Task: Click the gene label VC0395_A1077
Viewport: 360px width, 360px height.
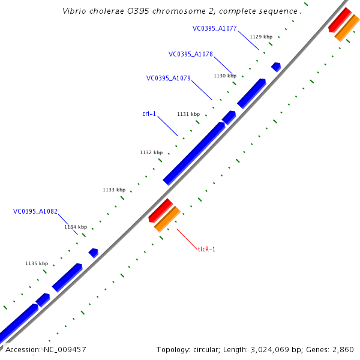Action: pyautogui.click(x=214, y=28)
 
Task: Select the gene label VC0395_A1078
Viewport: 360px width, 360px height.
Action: pyautogui.click(x=190, y=54)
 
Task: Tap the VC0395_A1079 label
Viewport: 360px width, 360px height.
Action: pyautogui.click(x=168, y=78)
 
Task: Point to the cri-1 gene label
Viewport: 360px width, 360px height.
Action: pyautogui.click(x=149, y=113)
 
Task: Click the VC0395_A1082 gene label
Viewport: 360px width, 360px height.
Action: pyautogui.click(x=35, y=211)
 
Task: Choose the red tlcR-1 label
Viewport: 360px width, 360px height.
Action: pyautogui.click(x=206, y=249)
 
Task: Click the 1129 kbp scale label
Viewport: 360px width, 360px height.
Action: pyautogui.click(x=260, y=37)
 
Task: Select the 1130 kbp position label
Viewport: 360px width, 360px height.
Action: pyautogui.click(x=225, y=76)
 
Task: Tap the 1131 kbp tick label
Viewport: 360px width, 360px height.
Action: pyautogui.click(x=188, y=114)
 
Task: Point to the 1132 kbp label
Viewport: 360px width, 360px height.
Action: pyautogui.click(x=151, y=152)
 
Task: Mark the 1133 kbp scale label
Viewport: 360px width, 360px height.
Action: pyautogui.click(x=114, y=190)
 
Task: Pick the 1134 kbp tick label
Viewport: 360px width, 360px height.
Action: pyautogui.click(x=76, y=227)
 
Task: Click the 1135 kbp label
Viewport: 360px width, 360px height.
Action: pyautogui.click(x=37, y=263)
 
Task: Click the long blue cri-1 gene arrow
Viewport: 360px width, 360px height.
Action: pyautogui.click(x=194, y=153)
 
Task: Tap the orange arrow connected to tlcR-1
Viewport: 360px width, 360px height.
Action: pyautogui.click(x=167, y=219)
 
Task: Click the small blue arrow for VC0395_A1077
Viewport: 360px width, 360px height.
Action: pyautogui.click(x=276, y=67)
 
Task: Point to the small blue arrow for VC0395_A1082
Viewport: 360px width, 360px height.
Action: pyautogui.click(x=94, y=253)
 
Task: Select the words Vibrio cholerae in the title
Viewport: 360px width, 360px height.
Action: pyautogui.click(x=90, y=11)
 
